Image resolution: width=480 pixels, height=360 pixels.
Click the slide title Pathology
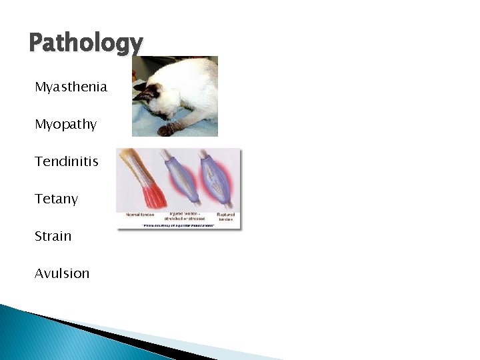click(x=85, y=44)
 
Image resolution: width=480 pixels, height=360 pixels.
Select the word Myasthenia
click(x=71, y=87)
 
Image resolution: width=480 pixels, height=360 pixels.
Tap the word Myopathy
click(x=66, y=125)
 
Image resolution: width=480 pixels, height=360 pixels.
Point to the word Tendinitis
click(x=67, y=161)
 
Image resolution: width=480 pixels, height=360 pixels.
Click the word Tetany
click(x=57, y=199)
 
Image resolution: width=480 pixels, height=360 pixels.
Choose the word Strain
click(x=53, y=236)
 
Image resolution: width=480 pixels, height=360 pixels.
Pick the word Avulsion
click(x=62, y=273)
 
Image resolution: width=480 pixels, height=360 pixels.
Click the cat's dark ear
click(x=140, y=87)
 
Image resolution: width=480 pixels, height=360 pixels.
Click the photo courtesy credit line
click(x=179, y=226)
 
